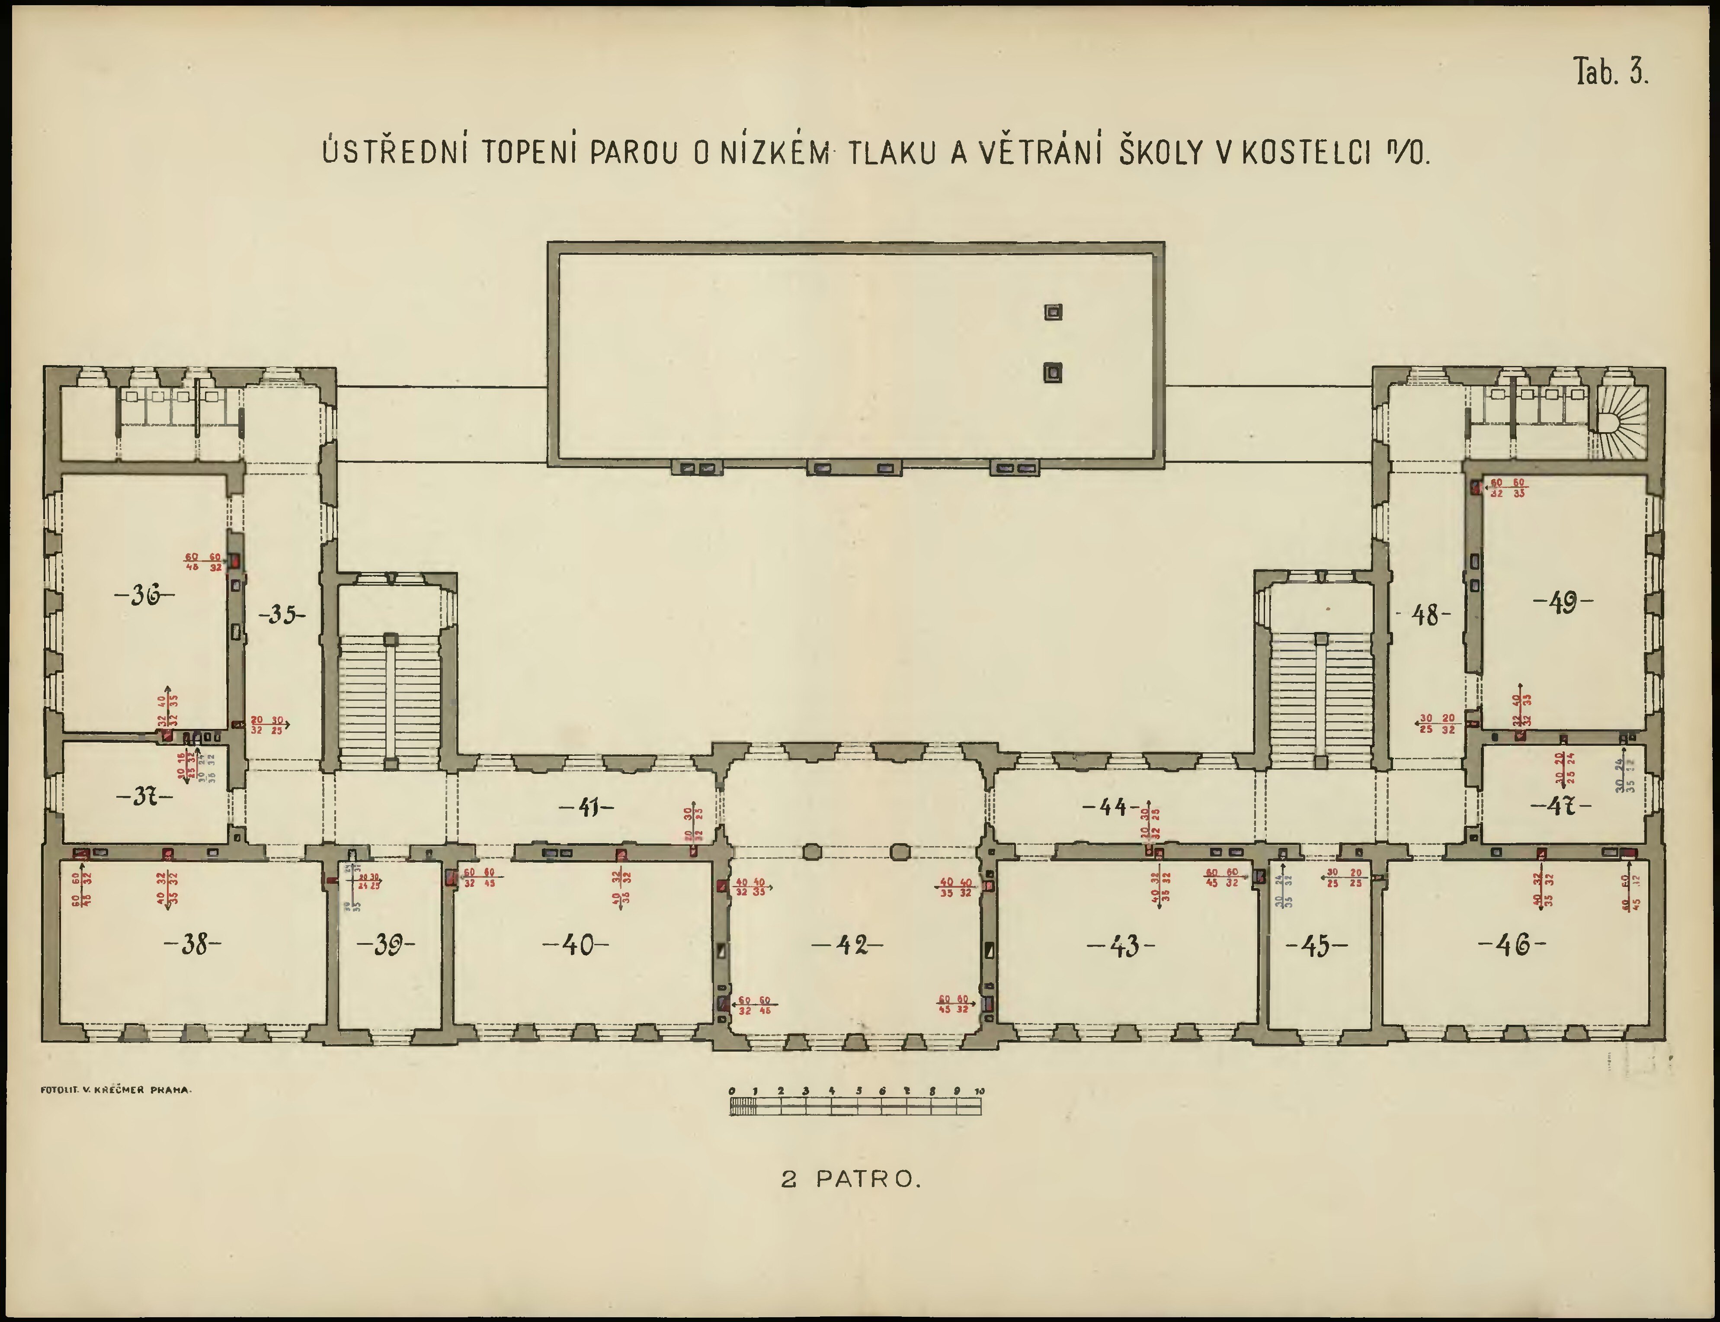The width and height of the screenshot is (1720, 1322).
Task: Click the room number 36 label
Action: click(145, 596)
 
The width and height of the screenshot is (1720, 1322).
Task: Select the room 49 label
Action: click(1563, 603)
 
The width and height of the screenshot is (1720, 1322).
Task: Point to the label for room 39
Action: click(385, 945)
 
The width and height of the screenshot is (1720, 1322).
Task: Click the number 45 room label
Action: click(1316, 946)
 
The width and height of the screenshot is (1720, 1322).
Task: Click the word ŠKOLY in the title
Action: click(1162, 154)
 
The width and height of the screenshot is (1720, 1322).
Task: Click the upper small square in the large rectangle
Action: click(1053, 312)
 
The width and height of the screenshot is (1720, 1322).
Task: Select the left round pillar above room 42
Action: click(813, 851)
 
